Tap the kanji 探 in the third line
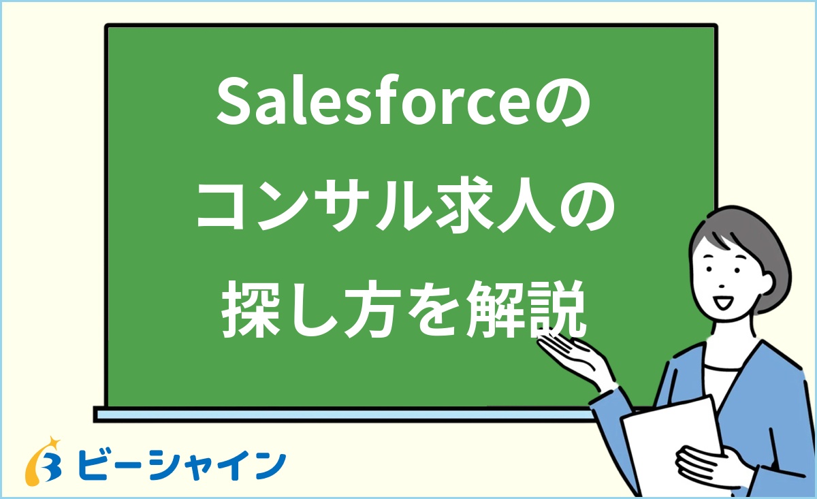(247, 314)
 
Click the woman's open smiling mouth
(723, 300)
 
